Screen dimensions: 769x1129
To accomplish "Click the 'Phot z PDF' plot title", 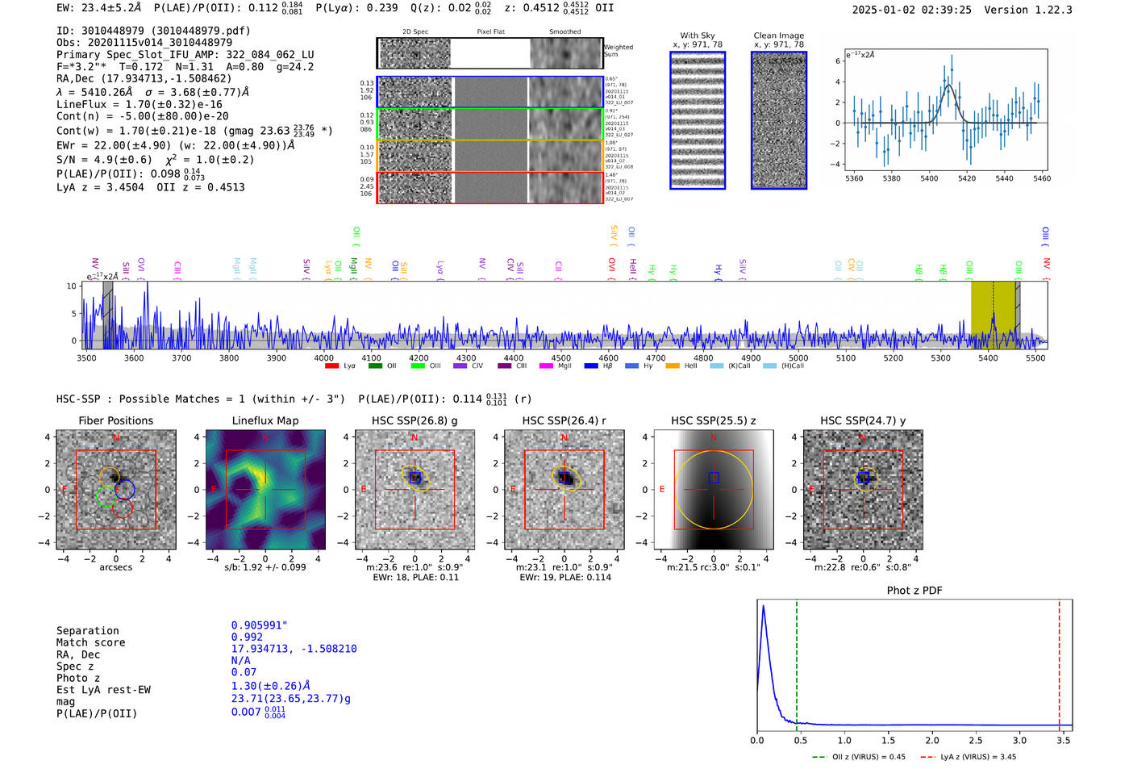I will click(914, 590).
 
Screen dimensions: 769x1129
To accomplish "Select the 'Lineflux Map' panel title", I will click(265, 420).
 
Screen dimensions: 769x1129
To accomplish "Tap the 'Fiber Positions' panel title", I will click(115, 420).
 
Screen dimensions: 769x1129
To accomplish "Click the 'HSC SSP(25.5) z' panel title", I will click(713, 420).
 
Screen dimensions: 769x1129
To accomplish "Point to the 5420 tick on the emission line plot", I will click(966, 178).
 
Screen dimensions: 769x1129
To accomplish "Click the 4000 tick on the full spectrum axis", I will click(323, 357).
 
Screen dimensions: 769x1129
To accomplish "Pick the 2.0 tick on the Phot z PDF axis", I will click(932, 740).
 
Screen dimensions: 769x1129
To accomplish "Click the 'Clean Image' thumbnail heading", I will click(778, 36).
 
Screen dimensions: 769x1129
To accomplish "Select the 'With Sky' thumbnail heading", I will click(697, 36).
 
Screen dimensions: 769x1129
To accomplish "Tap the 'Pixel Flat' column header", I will click(490, 32).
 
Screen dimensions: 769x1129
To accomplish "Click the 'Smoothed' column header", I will click(564, 32).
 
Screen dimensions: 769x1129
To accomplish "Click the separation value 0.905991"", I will click(259, 625).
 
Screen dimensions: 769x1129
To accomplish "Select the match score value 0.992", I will click(247, 637).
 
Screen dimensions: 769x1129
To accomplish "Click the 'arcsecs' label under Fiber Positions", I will click(115, 567).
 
